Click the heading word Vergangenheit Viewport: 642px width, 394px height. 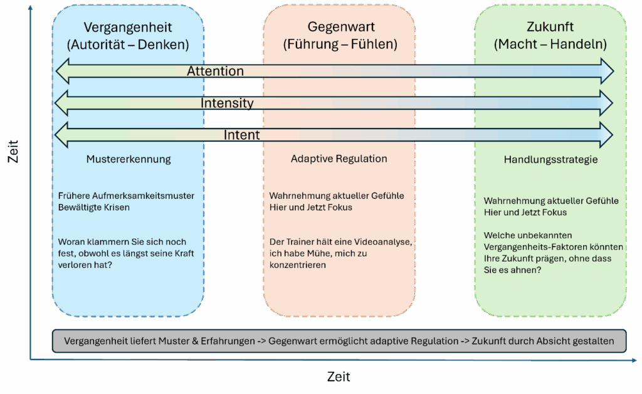point(128,28)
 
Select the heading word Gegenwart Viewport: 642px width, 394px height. point(340,28)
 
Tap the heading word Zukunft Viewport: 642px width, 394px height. point(550,28)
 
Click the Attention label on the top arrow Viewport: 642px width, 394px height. point(215,71)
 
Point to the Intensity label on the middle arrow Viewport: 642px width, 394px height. point(227,103)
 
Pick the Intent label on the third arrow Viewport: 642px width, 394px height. point(241,135)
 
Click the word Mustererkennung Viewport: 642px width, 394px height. point(128,159)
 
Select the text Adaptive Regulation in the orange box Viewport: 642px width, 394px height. point(339,159)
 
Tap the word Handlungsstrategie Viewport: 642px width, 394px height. point(550,160)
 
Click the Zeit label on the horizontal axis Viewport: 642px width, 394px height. point(339,377)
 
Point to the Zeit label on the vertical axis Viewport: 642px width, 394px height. point(13,151)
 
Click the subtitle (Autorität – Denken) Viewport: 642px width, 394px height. point(128,45)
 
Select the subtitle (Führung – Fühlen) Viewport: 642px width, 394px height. point(340,45)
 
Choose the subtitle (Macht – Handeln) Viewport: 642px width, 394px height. point(550,45)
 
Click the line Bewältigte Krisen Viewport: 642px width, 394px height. point(94,207)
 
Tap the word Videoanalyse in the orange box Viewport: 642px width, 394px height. point(384,242)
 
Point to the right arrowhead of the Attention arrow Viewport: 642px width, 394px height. point(607,71)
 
